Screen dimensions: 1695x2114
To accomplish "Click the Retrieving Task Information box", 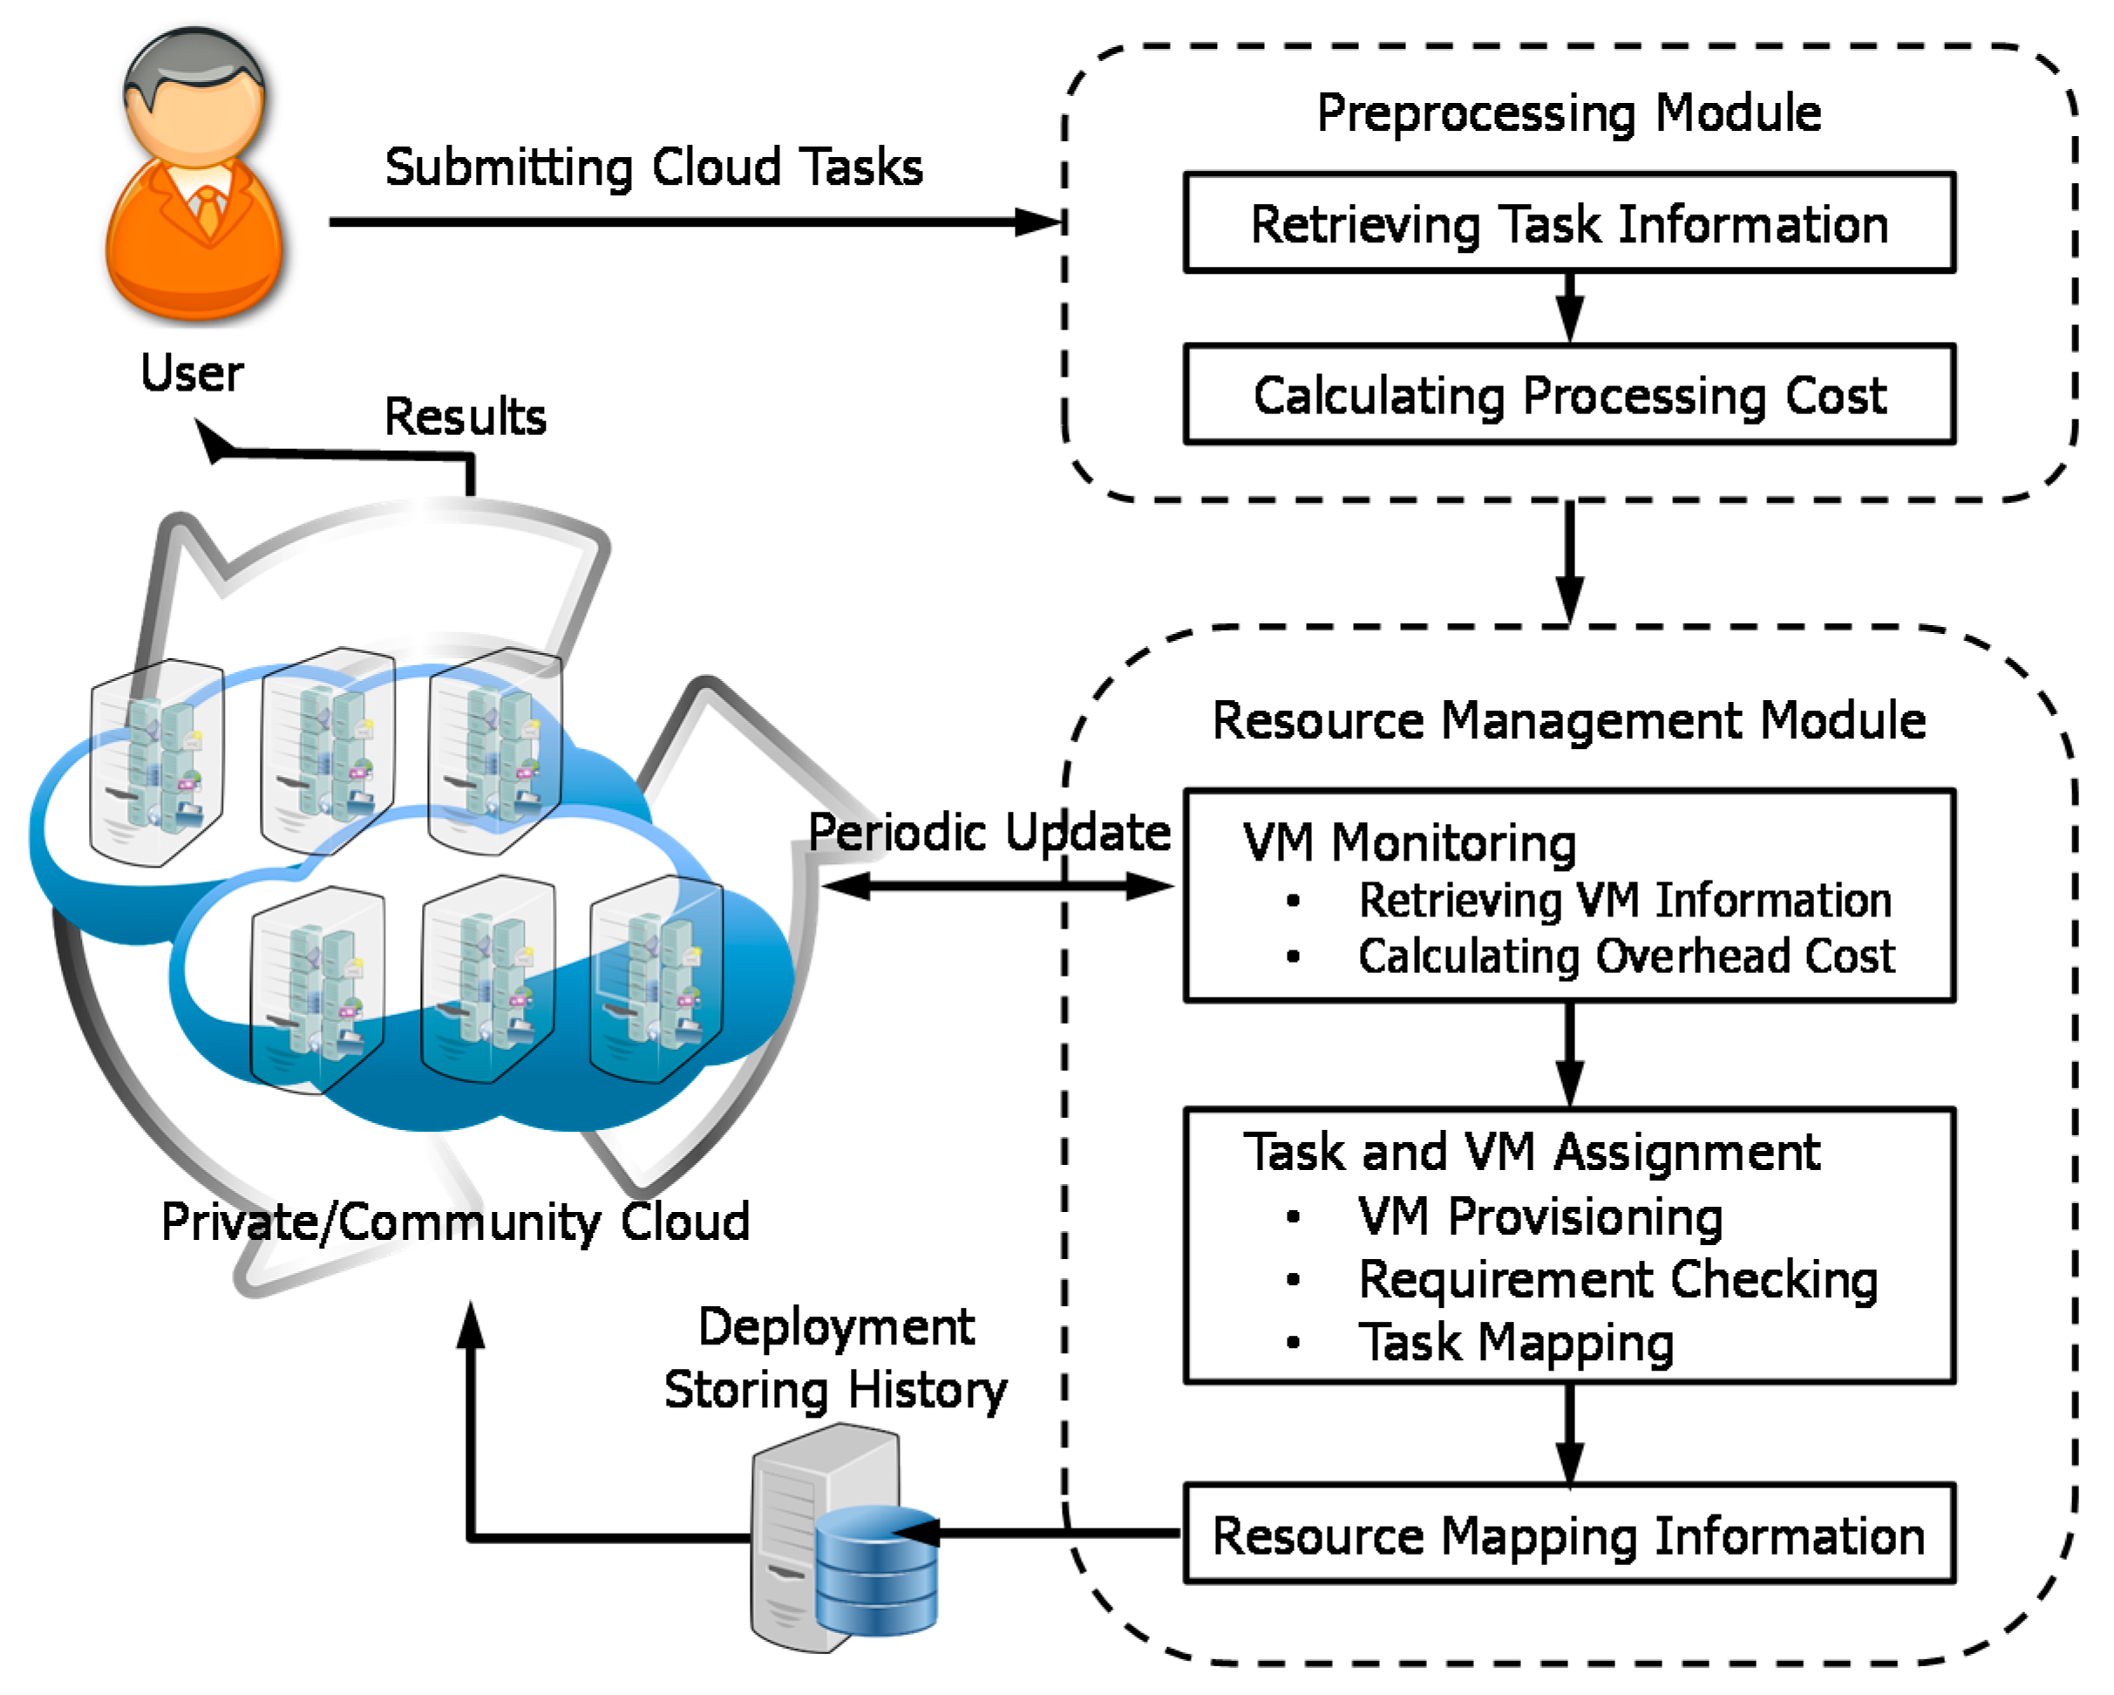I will (1568, 223).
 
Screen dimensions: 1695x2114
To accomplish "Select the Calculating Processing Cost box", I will (1568, 394).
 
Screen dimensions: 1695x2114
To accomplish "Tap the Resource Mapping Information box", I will (1568, 1535).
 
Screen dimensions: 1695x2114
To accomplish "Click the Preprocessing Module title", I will (1568, 112).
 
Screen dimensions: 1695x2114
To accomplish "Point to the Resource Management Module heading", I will (1568, 720).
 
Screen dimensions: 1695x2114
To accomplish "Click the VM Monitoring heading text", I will (1409, 842).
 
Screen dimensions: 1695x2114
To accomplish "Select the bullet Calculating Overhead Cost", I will (1625, 956).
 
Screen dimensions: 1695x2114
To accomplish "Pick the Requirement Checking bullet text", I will (1617, 1279).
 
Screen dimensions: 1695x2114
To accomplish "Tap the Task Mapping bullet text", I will (1515, 1342).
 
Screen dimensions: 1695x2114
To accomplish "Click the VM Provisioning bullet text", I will (1540, 1216).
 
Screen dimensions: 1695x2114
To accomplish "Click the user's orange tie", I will (207, 210).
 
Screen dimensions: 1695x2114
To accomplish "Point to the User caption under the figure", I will (191, 373).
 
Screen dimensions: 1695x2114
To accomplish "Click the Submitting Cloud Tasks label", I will (653, 167).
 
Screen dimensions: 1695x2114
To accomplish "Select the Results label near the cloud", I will (465, 416).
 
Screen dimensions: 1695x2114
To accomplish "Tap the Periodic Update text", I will (989, 832).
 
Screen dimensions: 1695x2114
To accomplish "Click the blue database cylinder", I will (874, 1571).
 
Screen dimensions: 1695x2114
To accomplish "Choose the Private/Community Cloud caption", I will (455, 1222).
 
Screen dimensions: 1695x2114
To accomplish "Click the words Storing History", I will (834, 1390).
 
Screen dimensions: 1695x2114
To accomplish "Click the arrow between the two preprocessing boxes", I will (1569, 306).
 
